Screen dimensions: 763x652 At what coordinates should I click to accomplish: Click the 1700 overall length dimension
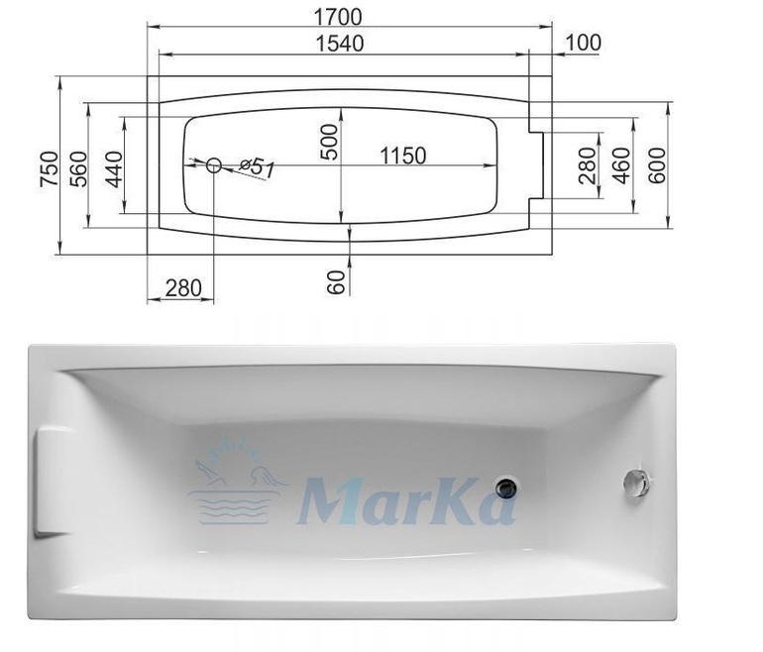338,18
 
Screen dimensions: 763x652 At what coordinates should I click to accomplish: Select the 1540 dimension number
339,44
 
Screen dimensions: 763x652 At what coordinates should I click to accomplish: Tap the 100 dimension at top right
584,43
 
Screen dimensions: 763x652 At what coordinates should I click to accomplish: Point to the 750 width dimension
50,168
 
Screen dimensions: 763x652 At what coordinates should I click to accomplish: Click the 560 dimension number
79,168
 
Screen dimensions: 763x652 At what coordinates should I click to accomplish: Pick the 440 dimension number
114,168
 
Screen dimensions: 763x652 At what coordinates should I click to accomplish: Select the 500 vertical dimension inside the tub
329,142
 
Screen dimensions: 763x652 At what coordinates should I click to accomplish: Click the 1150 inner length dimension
402,157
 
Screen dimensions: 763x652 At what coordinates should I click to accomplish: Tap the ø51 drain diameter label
258,167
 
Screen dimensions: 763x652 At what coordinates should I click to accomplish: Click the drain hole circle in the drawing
214,165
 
